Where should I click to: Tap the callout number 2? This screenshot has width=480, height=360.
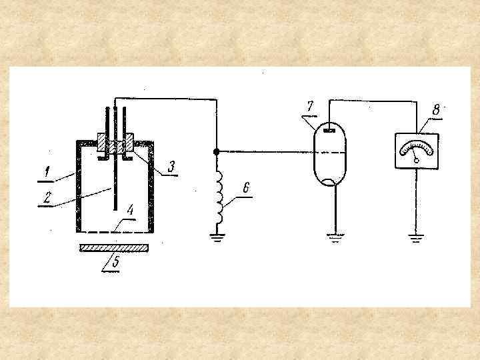(47, 198)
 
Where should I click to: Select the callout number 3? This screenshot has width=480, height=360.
(171, 165)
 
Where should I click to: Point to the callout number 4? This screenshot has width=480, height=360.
(131, 210)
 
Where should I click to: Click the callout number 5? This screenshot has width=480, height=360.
(115, 262)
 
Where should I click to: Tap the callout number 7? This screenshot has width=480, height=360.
(309, 107)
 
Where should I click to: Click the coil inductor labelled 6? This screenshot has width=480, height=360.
(216, 193)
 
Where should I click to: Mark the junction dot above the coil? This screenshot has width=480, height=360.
(216, 151)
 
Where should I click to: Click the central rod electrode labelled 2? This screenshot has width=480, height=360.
(115, 180)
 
